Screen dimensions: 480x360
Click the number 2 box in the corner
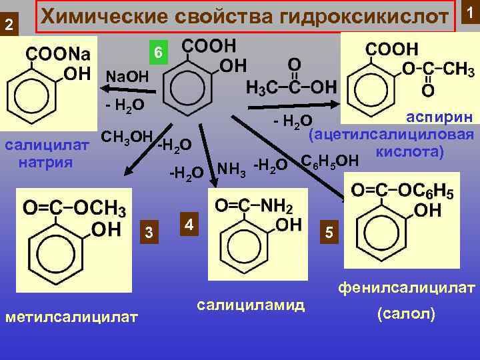coord(9,25)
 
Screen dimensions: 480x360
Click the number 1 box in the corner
coord(470,11)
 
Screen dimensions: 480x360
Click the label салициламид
coord(251,305)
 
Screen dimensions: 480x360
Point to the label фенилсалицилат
coord(406,289)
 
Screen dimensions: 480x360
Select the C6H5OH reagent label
coord(330,161)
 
